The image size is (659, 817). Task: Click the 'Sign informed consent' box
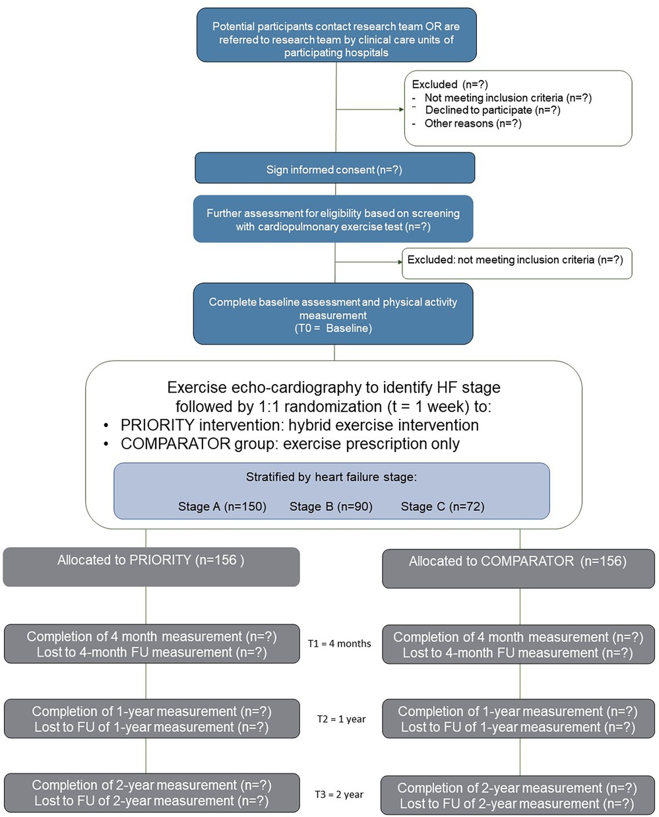click(334, 169)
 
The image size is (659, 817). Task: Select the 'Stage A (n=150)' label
click(222, 506)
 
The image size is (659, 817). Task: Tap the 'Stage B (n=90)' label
click(330, 506)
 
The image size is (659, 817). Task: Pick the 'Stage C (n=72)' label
click(442, 506)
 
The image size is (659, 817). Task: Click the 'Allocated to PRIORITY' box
click(151, 566)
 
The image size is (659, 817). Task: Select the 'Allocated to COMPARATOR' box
click(518, 568)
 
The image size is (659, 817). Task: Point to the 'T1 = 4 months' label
click(339, 643)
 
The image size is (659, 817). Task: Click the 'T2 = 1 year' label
click(341, 719)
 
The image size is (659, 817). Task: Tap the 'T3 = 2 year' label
click(339, 794)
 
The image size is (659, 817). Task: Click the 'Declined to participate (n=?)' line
click(492, 110)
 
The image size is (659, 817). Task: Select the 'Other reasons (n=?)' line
click(472, 123)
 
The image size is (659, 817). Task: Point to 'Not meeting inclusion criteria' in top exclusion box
click(507, 98)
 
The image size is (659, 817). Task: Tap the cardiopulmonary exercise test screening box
click(333, 219)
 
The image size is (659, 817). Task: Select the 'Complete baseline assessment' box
click(333, 314)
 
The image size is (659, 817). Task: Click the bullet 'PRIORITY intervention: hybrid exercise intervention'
click(299, 425)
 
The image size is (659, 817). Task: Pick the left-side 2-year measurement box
click(151, 793)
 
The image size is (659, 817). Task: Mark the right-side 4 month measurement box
click(518, 645)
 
